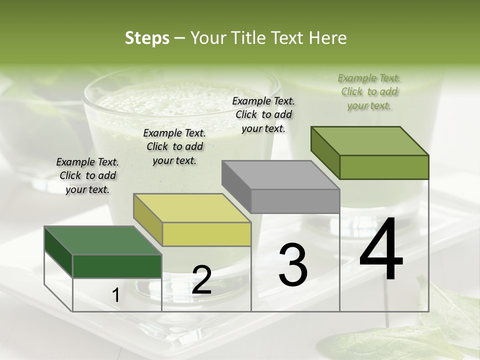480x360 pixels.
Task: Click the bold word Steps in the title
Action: tap(147, 38)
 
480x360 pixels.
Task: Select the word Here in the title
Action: tap(327, 38)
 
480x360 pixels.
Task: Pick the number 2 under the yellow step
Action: tap(201, 280)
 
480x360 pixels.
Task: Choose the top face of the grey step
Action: tap(280, 175)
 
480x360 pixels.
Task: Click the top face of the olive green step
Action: tap(370, 140)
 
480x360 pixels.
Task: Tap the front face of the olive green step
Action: tap(384, 167)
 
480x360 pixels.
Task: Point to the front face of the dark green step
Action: tap(117, 266)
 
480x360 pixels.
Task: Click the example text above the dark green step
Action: tap(87, 175)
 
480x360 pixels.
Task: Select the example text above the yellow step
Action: tap(174, 146)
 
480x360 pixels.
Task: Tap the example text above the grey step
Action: tap(263, 114)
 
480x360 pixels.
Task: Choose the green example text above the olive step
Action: tap(369, 91)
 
